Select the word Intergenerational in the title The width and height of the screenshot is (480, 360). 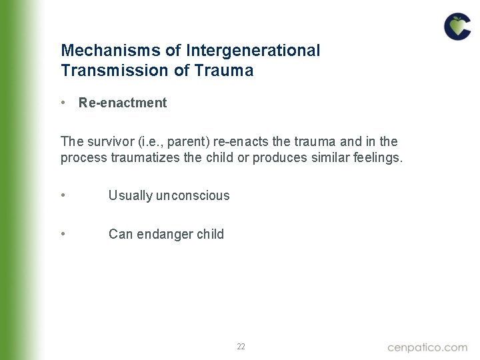coord(253,51)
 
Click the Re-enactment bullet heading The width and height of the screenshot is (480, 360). coord(123,103)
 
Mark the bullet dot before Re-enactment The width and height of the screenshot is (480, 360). coord(62,103)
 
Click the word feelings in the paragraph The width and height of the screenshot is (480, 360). coord(376,159)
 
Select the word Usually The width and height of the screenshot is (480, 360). coord(130,195)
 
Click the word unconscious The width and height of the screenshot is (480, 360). coord(193,195)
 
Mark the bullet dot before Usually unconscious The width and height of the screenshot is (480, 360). coord(62,195)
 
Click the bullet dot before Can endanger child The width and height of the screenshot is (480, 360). coord(62,234)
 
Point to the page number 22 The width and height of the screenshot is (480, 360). coord(241,347)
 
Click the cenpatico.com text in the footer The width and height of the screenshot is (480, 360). coord(427,347)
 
